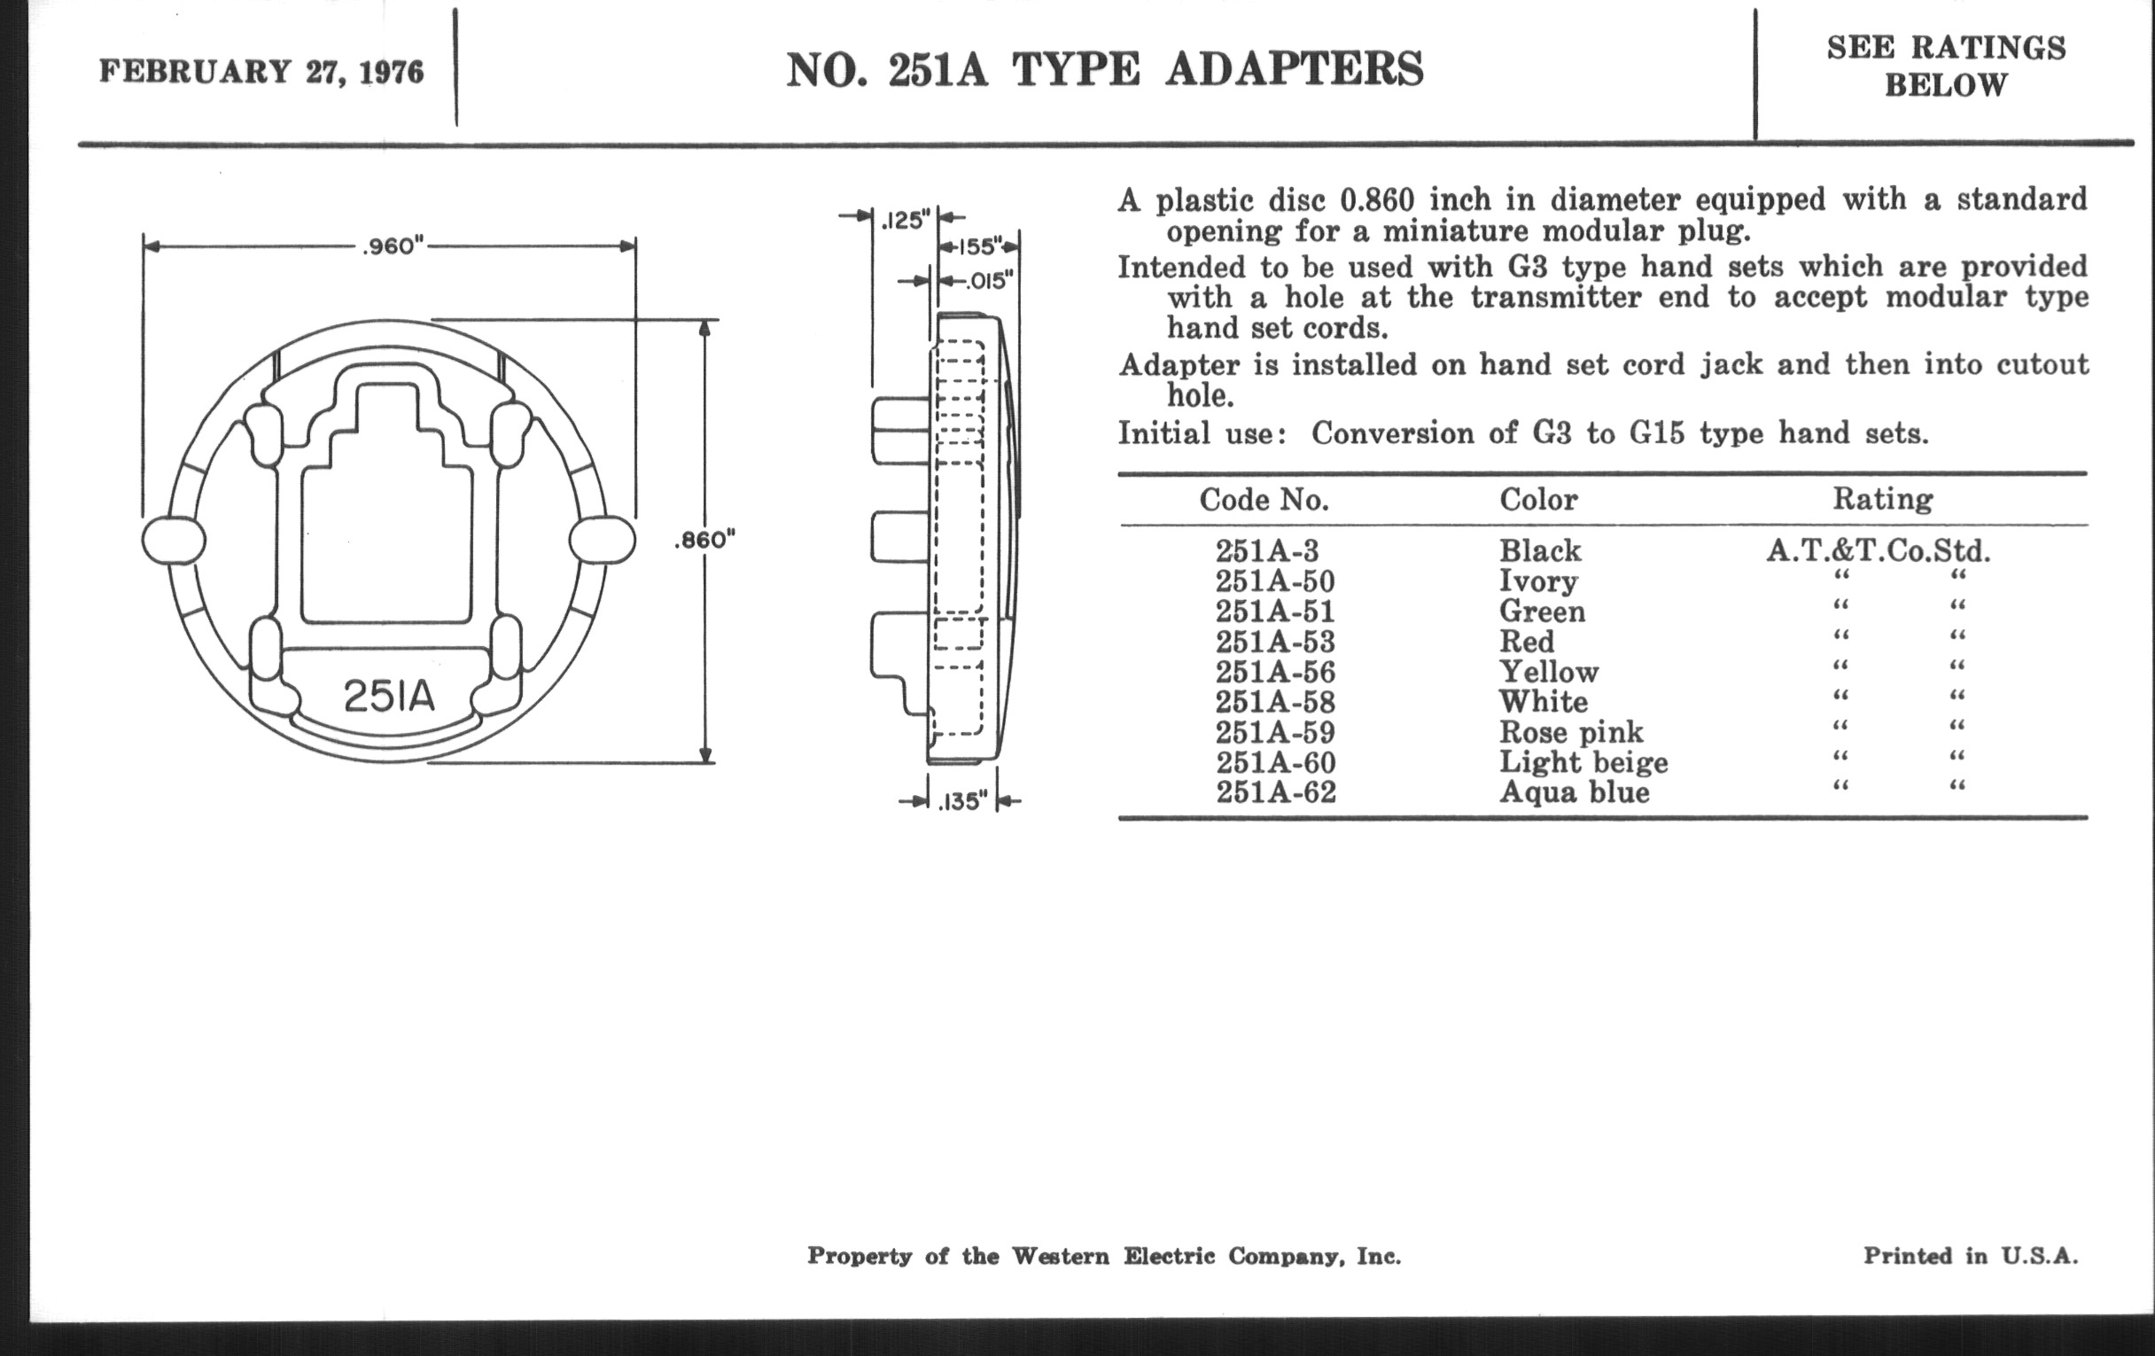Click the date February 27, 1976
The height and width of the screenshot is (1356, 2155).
(261, 72)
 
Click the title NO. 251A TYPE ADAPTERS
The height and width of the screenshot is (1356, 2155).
(1105, 70)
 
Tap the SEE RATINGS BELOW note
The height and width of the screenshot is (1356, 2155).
(1947, 66)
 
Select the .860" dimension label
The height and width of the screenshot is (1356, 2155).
(704, 540)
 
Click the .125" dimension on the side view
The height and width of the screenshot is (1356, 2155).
(905, 219)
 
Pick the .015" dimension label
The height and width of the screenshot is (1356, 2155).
(988, 281)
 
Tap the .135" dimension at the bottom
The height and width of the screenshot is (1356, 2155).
(962, 801)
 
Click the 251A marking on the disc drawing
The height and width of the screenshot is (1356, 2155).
(389, 696)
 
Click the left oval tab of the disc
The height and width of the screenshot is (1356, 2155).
(174, 541)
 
